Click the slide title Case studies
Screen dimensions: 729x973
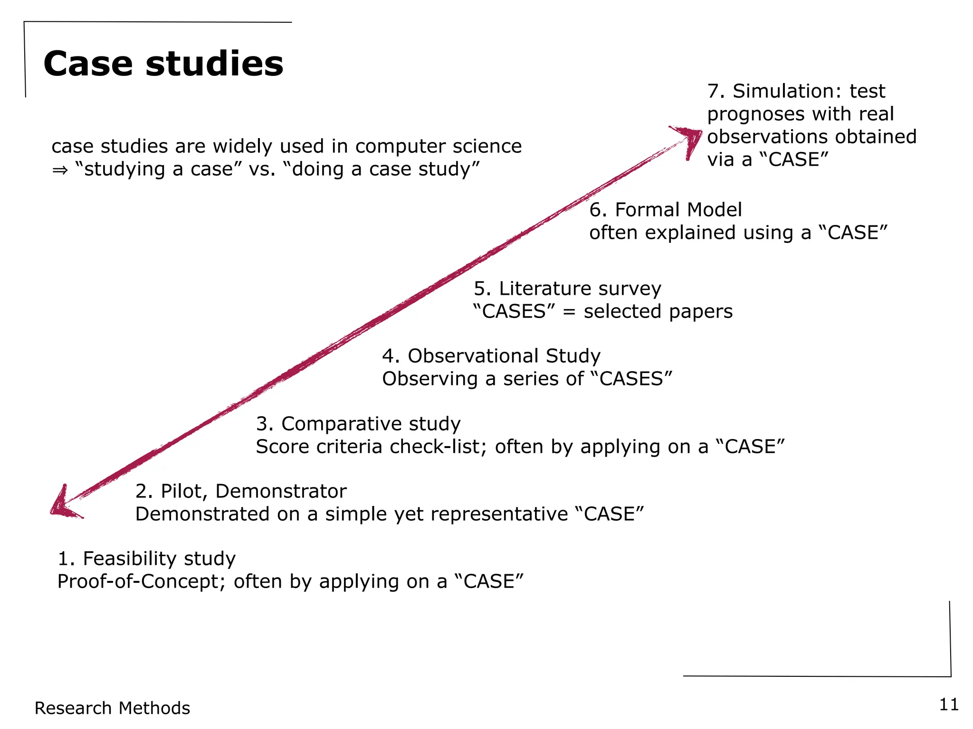(x=163, y=64)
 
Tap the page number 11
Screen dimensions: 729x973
(x=949, y=704)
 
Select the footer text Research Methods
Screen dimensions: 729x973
(x=112, y=708)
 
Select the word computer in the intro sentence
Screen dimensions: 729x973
(x=394, y=147)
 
